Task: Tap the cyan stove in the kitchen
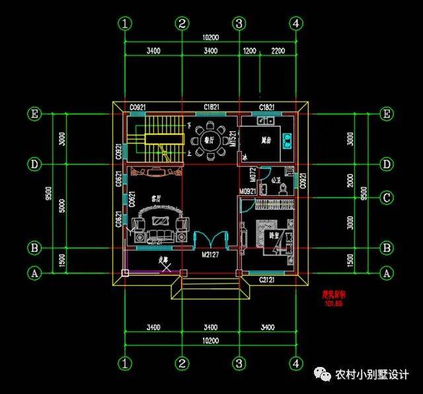(288, 139)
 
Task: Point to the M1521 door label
(233, 139)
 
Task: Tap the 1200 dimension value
(249, 50)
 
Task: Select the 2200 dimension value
(278, 50)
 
